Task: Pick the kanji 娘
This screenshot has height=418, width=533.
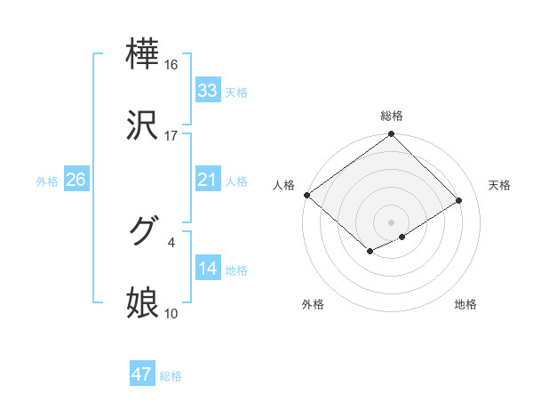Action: (x=143, y=302)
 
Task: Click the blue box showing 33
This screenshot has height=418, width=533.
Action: (x=207, y=90)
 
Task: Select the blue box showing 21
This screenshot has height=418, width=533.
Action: (x=207, y=180)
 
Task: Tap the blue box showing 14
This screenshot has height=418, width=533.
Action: (x=207, y=269)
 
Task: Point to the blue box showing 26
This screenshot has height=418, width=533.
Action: (x=76, y=180)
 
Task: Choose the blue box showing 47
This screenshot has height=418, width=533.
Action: (x=142, y=374)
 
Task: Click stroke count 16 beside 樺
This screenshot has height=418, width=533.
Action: (x=171, y=64)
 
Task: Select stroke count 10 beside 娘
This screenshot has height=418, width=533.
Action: (x=171, y=312)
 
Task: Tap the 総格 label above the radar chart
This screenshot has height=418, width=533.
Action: (x=392, y=116)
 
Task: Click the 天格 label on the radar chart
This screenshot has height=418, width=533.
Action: (x=499, y=185)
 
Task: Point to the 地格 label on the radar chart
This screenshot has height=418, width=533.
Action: (x=465, y=304)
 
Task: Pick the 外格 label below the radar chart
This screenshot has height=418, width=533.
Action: (x=313, y=304)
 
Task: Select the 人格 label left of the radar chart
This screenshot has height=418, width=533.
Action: (x=283, y=185)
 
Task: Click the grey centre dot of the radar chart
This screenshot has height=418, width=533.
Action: (x=392, y=221)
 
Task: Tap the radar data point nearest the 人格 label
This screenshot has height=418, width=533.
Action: (x=306, y=195)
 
